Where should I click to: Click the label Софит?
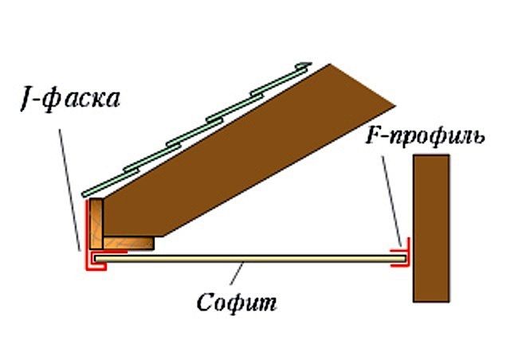tap(236, 303)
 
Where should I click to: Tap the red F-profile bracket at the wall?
tap(402, 256)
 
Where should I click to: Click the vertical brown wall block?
tap(430, 228)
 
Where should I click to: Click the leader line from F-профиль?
tap(392, 199)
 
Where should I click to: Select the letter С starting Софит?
tap(204, 303)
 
